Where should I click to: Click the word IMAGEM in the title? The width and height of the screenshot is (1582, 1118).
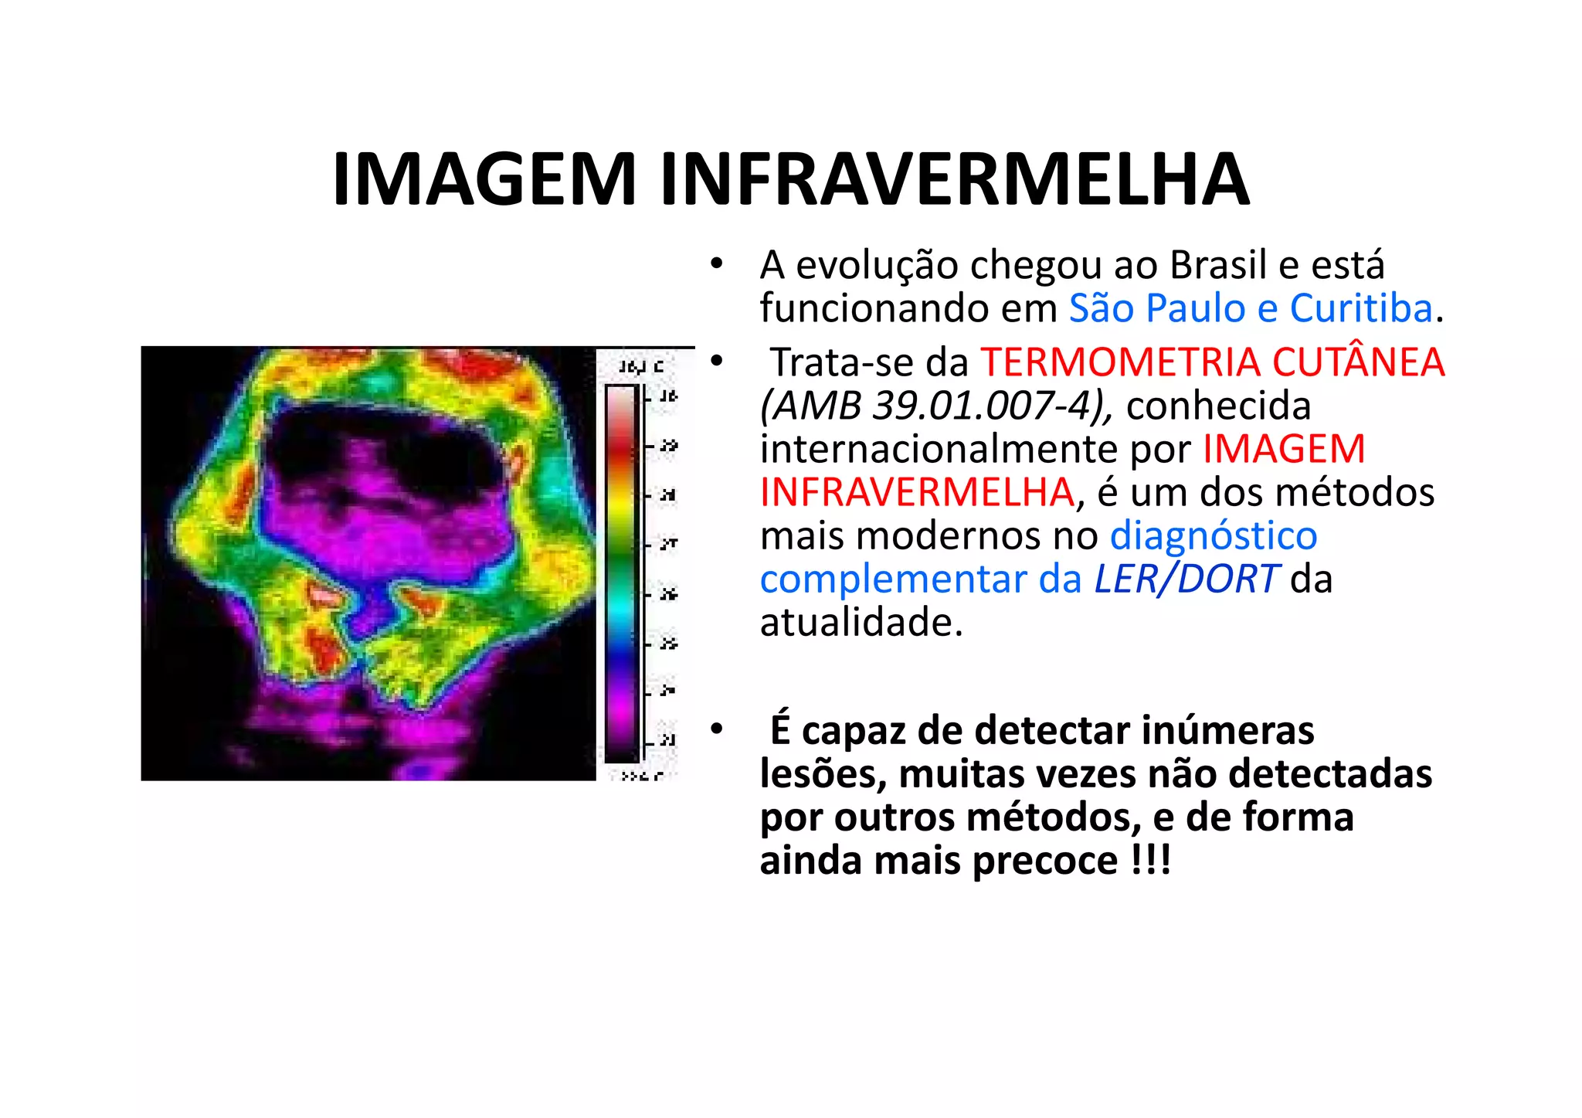[x=484, y=179]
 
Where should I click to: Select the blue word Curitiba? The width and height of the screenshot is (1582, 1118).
[x=1361, y=308]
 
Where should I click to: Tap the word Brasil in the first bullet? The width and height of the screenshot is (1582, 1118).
[x=1218, y=265]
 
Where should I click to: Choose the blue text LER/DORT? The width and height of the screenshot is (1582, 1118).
[x=1186, y=579]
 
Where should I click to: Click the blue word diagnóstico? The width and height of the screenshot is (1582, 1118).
[x=1214, y=535]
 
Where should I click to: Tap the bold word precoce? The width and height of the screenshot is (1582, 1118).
[x=1045, y=860]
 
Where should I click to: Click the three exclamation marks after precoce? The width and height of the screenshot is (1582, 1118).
[x=1150, y=860]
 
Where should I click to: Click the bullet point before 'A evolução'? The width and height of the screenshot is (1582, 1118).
[x=717, y=265]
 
